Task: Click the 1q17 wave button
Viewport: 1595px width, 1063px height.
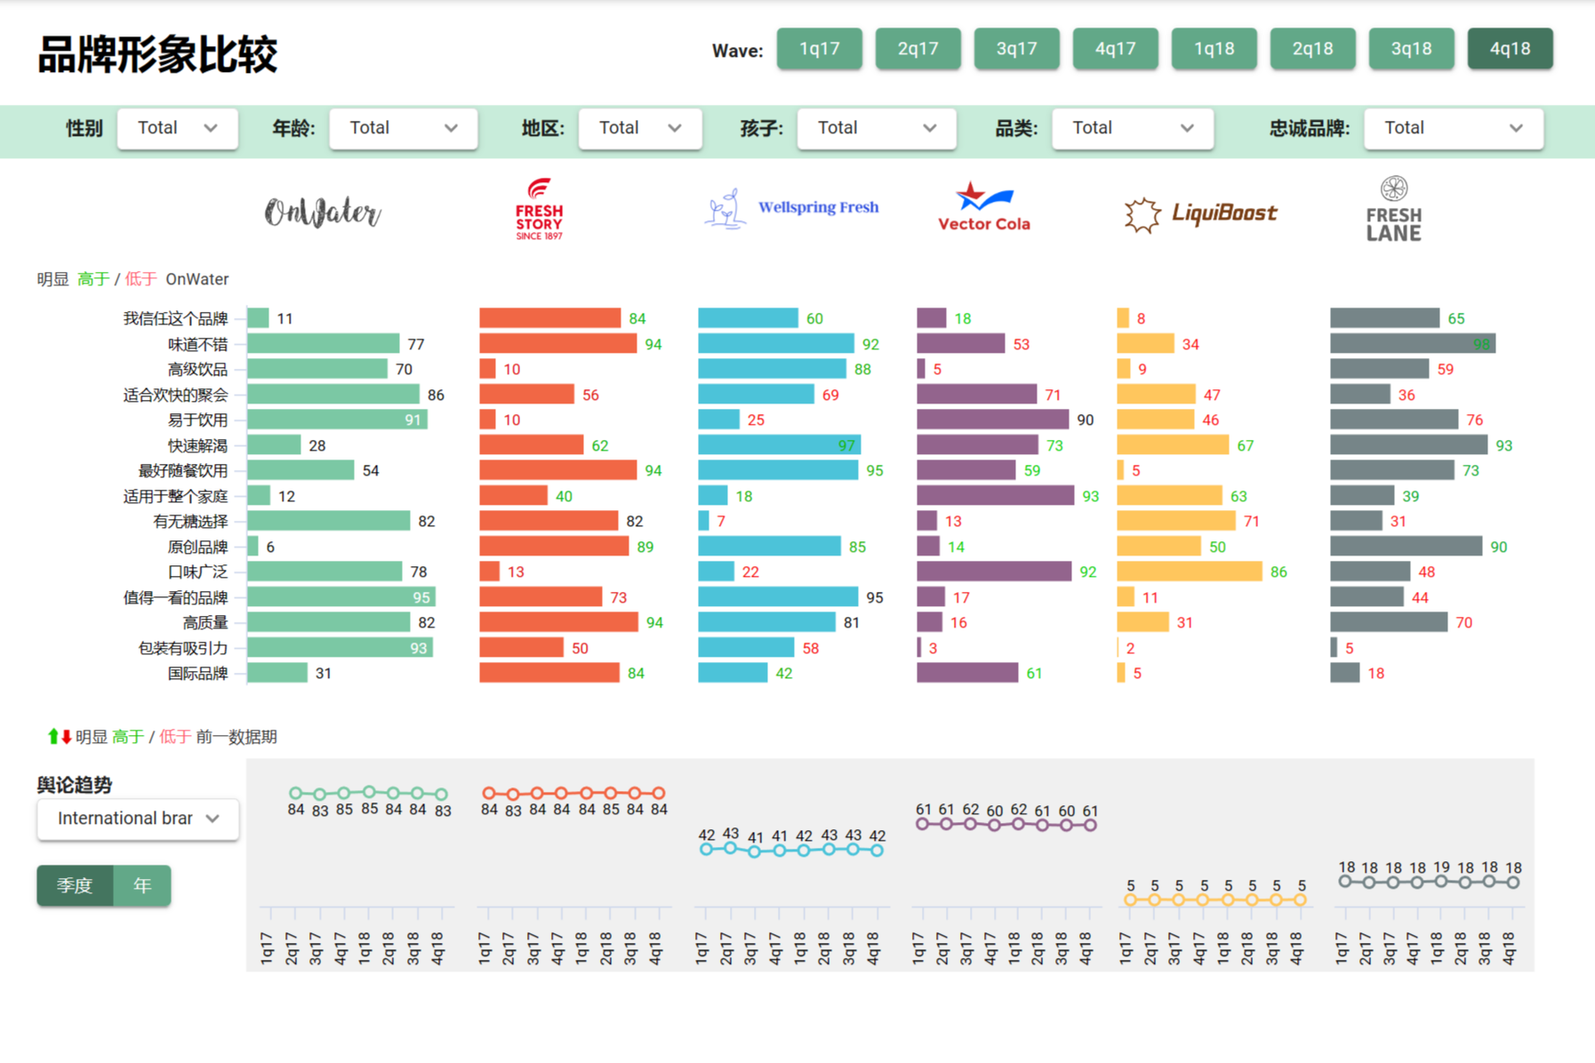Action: [x=819, y=49]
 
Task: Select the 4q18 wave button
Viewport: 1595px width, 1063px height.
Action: [x=1510, y=49]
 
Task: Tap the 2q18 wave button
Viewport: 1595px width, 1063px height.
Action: [x=1312, y=49]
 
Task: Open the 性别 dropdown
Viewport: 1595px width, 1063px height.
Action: [x=177, y=128]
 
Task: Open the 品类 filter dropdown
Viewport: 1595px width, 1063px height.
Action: [x=1132, y=128]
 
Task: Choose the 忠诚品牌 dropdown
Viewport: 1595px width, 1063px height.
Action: [x=1453, y=128]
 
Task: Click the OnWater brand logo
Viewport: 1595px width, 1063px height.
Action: [x=323, y=212]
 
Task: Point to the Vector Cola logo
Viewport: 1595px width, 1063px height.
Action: [x=983, y=208]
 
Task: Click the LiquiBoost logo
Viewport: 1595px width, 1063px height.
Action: [x=1200, y=214]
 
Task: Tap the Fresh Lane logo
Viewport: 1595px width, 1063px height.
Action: [x=1393, y=210]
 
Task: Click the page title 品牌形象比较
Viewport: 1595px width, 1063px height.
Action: [x=157, y=54]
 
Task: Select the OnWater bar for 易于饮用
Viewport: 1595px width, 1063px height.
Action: [x=337, y=420]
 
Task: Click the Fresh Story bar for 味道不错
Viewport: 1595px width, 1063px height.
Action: [x=557, y=344]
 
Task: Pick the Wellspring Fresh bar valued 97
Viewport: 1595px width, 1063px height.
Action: [x=779, y=445]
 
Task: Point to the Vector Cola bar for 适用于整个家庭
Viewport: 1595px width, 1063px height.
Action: [x=995, y=496]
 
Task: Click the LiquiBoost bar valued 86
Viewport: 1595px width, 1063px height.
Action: [x=1189, y=571]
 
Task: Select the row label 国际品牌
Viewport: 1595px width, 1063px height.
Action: [x=197, y=674]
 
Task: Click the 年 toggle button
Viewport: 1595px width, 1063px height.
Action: [x=142, y=885]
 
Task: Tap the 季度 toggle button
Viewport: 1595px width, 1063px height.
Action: [x=75, y=885]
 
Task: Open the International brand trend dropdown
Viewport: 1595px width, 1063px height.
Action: [x=138, y=819]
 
